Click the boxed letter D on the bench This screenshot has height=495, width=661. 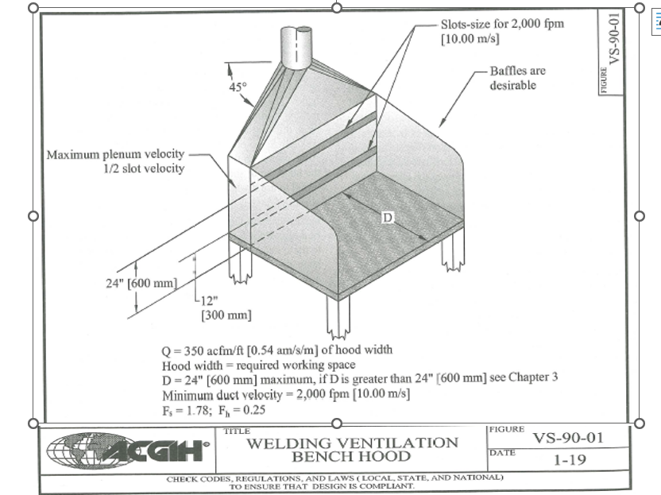click(387, 218)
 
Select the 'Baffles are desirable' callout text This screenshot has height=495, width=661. click(517, 78)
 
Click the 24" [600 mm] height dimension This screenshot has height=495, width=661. click(140, 284)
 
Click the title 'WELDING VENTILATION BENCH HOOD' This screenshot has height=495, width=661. click(352, 450)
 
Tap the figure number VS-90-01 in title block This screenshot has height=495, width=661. click(570, 438)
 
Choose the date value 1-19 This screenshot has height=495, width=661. click(570, 460)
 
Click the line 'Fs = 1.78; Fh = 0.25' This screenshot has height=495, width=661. click(214, 411)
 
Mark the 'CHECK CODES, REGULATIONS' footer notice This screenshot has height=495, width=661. click(334, 481)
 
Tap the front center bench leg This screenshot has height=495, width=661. click(338, 318)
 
